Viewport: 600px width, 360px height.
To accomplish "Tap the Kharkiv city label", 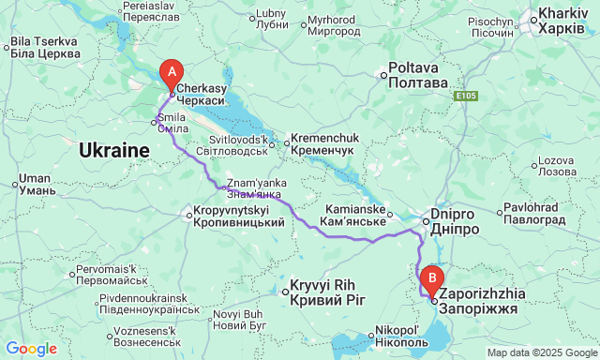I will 565,22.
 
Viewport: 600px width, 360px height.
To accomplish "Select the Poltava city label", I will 419,75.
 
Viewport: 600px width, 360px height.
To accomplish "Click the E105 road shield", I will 467,96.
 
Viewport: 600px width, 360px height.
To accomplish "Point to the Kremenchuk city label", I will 323,143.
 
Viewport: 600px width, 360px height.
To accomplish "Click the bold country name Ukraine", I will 114,150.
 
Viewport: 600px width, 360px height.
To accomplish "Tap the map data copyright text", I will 541,352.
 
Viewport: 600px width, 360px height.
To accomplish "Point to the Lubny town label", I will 271,19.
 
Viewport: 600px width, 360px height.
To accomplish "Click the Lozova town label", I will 556,166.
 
